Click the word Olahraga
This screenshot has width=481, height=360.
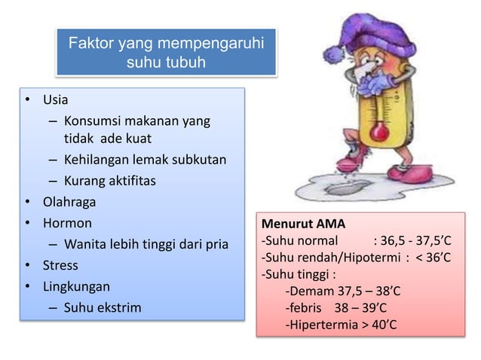point(74,202)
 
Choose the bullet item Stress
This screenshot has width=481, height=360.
point(60,265)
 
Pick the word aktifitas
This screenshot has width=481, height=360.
point(133,181)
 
